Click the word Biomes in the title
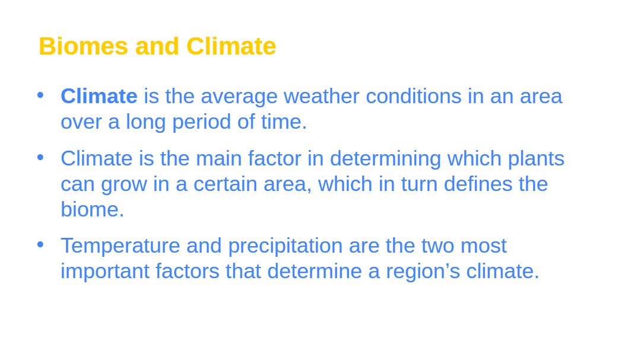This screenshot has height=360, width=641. (x=84, y=46)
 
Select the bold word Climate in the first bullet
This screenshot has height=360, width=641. (x=99, y=97)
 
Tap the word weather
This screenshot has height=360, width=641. (x=321, y=97)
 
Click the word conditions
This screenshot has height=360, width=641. (x=414, y=97)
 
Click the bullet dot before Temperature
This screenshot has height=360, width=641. (x=40, y=244)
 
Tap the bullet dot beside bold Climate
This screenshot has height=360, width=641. (x=40, y=95)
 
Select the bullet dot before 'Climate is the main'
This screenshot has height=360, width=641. (x=40, y=157)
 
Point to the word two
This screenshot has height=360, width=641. (x=437, y=246)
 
